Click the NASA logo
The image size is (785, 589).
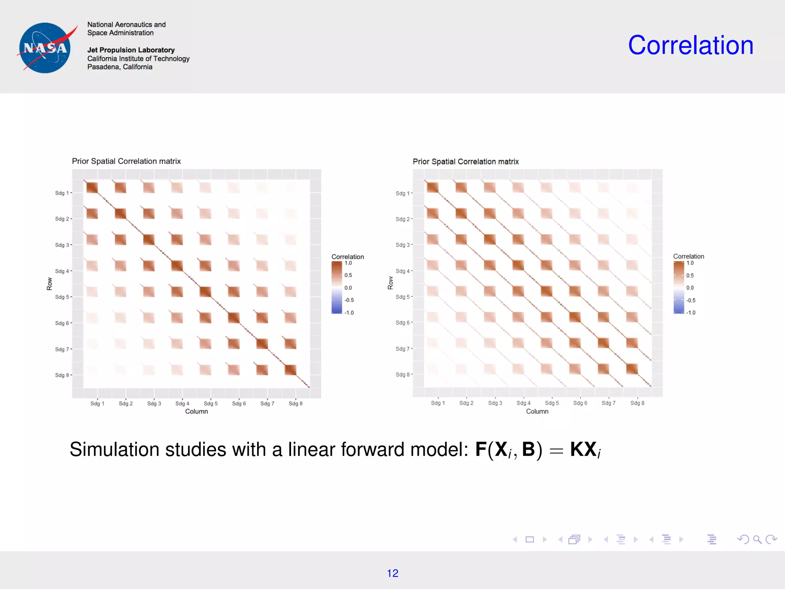pyautogui.click(x=45, y=48)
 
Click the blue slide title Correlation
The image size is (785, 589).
pyautogui.click(x=690, y=45)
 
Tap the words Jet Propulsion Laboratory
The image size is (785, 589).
pyautogui.click(x=131, y=50)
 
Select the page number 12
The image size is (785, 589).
pyautogui.click(x=392, y=573)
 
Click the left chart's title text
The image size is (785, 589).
pyautogui.click(x=126, y=161)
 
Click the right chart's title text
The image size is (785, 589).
pyautogui.click(x=465, y=161)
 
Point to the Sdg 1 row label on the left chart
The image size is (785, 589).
pyautogui.click(x=62, y=193)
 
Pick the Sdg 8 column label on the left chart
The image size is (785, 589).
pyautogui.click(x=296, y=403)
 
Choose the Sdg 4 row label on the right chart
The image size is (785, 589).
pyautogui.click(x=402, y=271)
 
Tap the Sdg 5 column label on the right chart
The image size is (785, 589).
pyautogui.click(x=552, y=403)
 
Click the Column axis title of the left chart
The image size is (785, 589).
pyautogui.click(x=196, y=411)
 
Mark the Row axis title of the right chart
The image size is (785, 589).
pyautogui.click(x=391, y=283)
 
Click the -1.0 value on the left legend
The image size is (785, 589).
pyautogui.click(x=349, y=313)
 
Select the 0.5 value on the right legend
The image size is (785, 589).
pyautogui.click(x=690, y=275)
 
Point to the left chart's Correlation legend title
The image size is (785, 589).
pyautogui.click(x=347, y=257)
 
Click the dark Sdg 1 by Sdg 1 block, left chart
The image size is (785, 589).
pyautogui.click(x=92, y=188)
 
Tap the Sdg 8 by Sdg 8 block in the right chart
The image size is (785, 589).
pyautogui.click(x=632, y=369)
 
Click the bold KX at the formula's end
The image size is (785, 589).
pyautogui.click(x=583, y=449)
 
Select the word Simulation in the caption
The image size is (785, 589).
pyautogui.click(x=114, y=449)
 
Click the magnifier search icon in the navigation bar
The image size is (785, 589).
pyautogui.click(x=757, y=540)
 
